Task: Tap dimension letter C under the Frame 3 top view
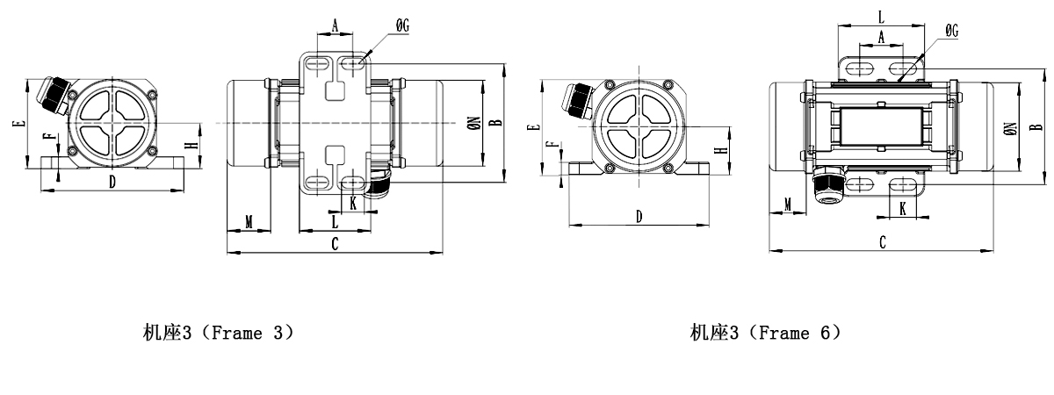[x=335, y=245]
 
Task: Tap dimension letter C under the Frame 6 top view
[x=882, y=242]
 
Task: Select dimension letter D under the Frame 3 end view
[x=112, y=182]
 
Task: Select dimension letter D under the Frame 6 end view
[x=639, y=216]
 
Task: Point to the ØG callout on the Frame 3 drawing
[x=402, y=27]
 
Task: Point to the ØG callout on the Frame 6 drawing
[x=951, y=31]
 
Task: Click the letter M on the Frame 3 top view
[x=249, y=222]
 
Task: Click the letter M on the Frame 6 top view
[x=788, y=204]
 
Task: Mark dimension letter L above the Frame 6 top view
[x=881, y=16]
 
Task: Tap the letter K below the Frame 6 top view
[x=904, y=207]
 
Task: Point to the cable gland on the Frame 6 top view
[x=827, y=185]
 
